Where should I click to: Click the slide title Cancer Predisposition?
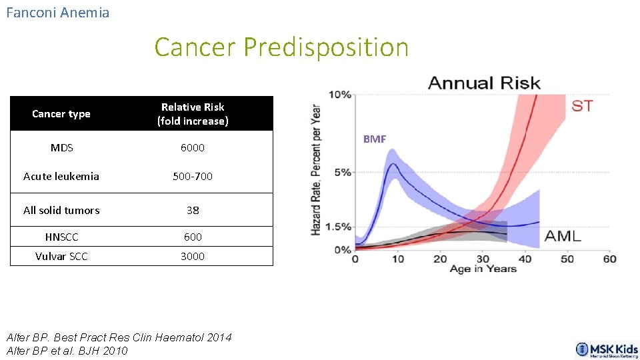[x=281, y=47]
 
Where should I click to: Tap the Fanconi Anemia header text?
[x=57, y=13]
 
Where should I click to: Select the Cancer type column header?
[x=61, y=114]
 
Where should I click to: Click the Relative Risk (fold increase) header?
[x=193, y=114]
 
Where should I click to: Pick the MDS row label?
[x=61, y=147]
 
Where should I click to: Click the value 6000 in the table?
[x=193, y=147]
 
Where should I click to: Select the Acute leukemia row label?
[x=61, y=177]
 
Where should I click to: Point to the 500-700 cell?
[x=193, y=177]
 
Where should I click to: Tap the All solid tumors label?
[x=61, y=210]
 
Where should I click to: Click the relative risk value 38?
[x=193, y=210]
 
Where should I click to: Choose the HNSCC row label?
[x=61, y=237]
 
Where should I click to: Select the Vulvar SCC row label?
[x=61, y=256]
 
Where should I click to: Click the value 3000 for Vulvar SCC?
[x=193, y=256]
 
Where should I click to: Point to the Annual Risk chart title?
[x=484, y=83]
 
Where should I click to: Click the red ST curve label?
[x=581, y=106]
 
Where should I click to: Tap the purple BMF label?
[x=374, y=139]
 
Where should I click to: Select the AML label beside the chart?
[x=563, y=235]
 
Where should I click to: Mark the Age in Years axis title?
[x=483, y=269]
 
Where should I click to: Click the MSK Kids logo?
[x=607, y=350]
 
